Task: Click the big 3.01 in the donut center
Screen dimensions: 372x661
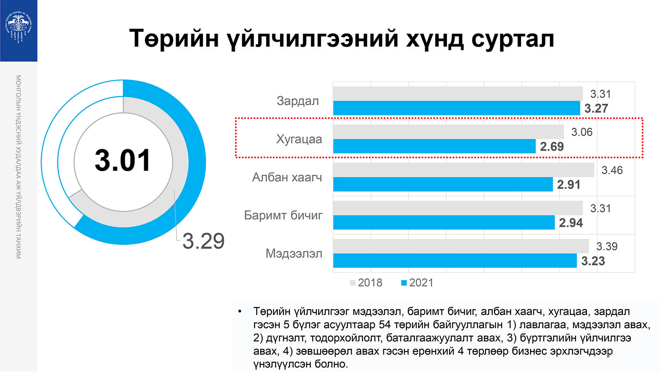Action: [123, 160]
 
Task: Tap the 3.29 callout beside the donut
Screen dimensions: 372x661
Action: [203, 241]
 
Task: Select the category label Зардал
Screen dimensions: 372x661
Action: [297, 101]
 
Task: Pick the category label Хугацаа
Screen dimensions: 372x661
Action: [299, 139]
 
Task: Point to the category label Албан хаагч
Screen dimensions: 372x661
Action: [287, 177]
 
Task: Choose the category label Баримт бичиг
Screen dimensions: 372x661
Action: [283, 215]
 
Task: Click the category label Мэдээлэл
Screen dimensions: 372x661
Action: [293, 253]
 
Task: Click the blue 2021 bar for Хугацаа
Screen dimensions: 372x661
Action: [434, 146]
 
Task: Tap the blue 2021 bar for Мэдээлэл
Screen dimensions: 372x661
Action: [455, 261]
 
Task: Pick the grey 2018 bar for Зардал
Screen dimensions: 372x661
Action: [458, 93]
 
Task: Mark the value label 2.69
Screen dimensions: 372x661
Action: [552, 147]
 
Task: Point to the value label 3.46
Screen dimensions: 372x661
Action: [612, 170]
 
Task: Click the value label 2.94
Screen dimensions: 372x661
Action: [571, 223]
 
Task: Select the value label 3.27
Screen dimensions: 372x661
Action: [596, 109]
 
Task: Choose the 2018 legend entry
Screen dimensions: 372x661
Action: [366, 283]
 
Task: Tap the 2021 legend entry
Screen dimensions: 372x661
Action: [417, 283]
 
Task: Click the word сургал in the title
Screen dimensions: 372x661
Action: [512, 39]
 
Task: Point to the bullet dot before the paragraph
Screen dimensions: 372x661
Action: [239, 311]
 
